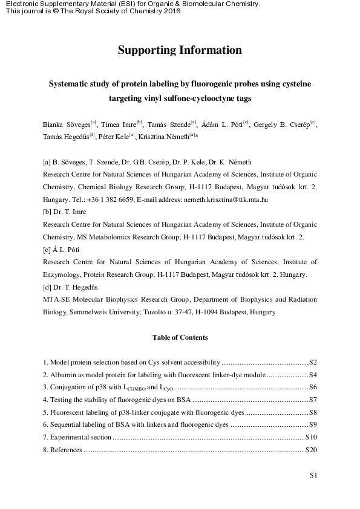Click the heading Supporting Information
180,50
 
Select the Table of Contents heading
180,337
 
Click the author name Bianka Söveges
66,125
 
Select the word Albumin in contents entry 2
61,375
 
